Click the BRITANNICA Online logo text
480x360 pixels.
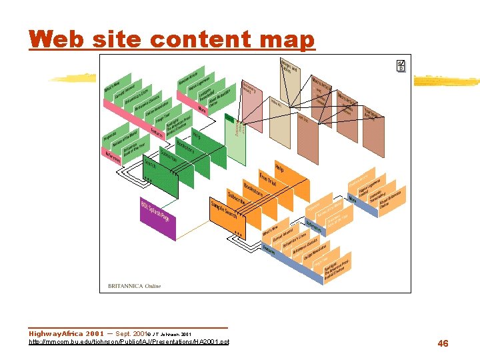(x=134, y=286)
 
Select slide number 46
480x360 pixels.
(x=443, y=343)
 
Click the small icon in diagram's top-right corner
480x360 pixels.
(x=401, y=65)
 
